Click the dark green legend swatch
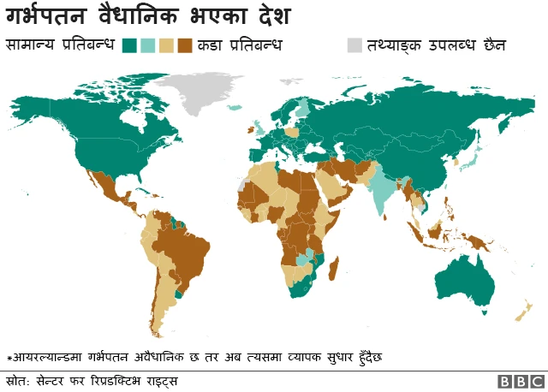130,45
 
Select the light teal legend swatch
147,45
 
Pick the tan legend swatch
166,45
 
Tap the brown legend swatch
184,45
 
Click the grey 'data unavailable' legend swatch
354,45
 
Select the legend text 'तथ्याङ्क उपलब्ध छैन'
436,44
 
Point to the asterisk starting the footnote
9,357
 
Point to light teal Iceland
234,109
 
